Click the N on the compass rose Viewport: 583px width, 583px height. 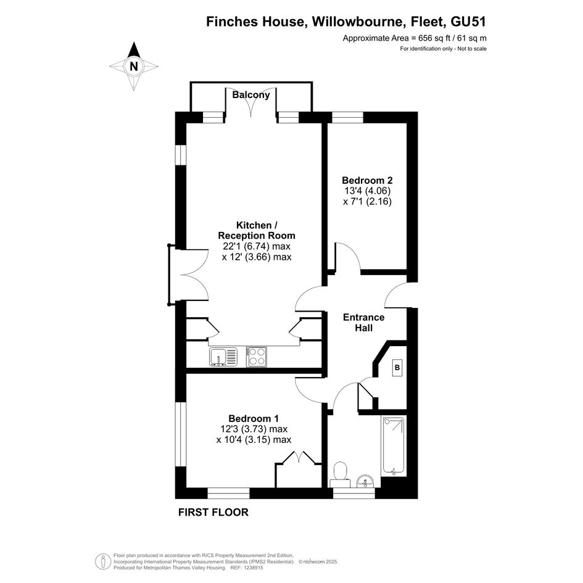[133, 67]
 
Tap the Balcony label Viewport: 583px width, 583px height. [251, 95]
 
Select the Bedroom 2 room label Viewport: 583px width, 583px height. [367, 180]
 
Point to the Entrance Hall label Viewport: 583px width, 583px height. [363, 323]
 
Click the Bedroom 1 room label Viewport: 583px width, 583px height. [254, 418]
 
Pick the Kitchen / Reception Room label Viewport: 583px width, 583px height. [257, 230]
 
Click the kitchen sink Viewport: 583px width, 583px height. [223, 357]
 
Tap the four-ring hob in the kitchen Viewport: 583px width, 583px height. [257, 357]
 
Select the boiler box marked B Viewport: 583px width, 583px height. [397, 368]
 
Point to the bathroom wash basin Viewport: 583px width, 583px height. [366, 481]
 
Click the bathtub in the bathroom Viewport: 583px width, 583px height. [394, 446]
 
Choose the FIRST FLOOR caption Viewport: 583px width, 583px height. [213, 512]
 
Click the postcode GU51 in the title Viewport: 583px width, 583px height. [468, 22]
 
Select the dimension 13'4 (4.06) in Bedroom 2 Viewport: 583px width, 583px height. [367, 191]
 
